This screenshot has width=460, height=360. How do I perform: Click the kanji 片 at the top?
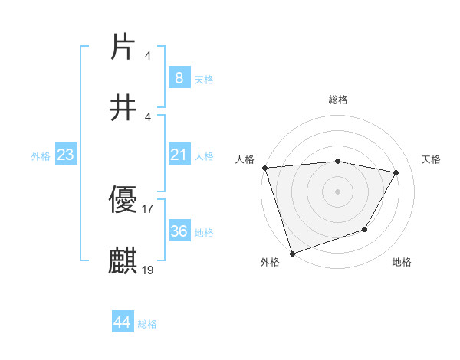pos(123,47)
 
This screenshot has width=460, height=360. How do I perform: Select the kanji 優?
pos(123,201)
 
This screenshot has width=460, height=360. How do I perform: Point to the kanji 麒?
pos(123,261)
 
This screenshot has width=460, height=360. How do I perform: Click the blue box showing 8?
pos(179,77)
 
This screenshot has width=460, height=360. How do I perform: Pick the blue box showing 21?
pos(179,155)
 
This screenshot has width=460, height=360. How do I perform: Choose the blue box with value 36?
pos(179,231)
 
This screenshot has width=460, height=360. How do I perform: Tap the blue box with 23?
pos(66,155)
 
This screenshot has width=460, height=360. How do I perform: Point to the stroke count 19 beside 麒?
pos(148,269)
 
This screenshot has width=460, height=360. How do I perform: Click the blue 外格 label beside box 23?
pos(41,155)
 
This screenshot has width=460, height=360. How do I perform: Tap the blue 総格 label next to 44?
pos(147,324)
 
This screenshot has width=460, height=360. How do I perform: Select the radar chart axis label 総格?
pos(338,100)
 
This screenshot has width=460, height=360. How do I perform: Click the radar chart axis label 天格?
pos(431,159)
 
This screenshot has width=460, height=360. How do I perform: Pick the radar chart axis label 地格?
pos(402,262)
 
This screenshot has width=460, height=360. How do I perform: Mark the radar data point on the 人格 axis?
pos(264,168)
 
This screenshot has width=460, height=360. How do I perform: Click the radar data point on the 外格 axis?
pos(291,252)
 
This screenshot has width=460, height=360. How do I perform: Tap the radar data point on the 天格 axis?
pos(396,172)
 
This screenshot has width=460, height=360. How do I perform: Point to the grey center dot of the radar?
pos(337,191)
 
